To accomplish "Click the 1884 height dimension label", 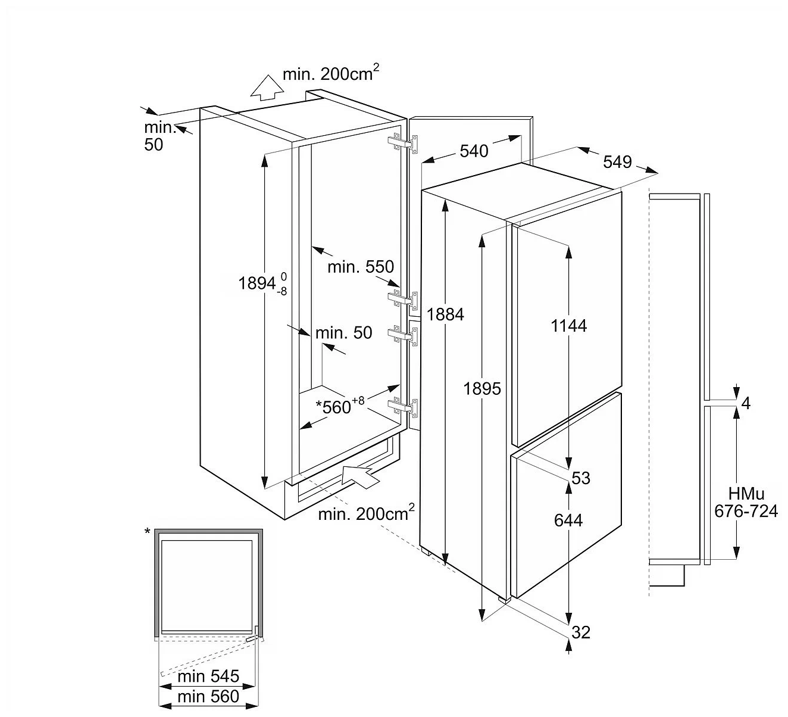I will (x=445, y=314).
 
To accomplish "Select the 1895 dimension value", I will (x=483, y=389).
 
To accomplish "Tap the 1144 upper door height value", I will (x=569, y=326).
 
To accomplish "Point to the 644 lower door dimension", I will (x=568, y=520).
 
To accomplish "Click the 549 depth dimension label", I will (x=617, y=161).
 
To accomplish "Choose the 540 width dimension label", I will (x=474, y=151).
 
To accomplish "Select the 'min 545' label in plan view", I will (x=208, y=677).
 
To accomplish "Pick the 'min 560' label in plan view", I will (x=208, y=696).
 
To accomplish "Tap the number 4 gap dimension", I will (x=746, y=404).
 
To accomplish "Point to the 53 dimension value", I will (x=580, y=478).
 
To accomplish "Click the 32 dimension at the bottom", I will (x=580, y=632).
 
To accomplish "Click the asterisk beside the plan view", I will (x=147, y=531).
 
